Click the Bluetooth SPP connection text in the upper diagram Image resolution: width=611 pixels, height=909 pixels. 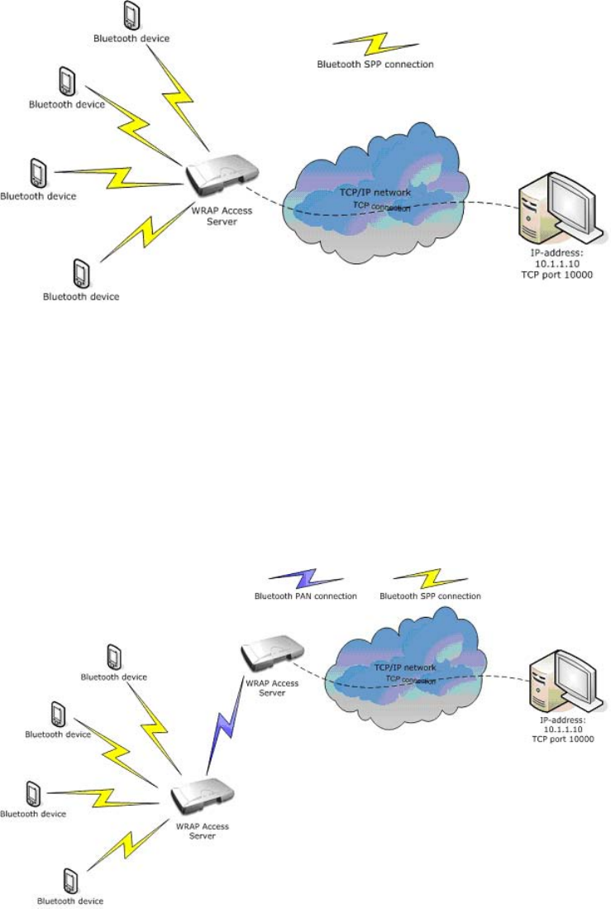click(375, 64)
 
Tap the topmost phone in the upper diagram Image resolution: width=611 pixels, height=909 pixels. click(130, 14)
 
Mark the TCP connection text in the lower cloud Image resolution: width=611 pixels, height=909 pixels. click(410, 679)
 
